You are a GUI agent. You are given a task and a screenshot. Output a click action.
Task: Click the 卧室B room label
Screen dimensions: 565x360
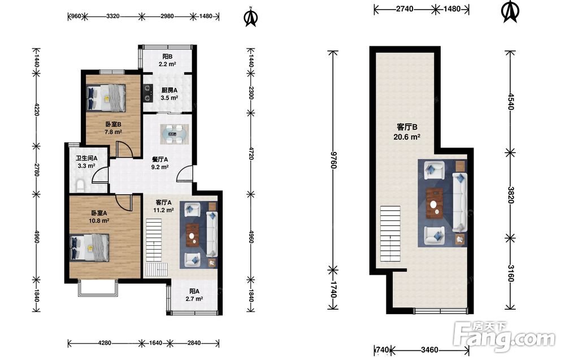tap(113, 125)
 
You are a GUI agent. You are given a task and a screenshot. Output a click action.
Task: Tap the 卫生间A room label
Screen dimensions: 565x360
tap(86, 158)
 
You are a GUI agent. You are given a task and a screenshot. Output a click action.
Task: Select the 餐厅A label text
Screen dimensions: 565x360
tap(160, 159)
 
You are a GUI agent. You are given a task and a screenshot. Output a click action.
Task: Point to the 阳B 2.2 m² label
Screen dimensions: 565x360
tap(168, 60)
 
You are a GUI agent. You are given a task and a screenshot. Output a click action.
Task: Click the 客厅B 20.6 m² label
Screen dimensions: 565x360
tap(407, 132)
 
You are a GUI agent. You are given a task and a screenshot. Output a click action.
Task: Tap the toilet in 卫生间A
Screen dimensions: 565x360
tap(80, 185)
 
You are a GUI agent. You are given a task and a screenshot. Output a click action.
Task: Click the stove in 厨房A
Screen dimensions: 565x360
tap(147, 93)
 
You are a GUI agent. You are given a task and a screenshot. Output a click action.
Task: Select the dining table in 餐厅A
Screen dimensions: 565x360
tap(175, 134)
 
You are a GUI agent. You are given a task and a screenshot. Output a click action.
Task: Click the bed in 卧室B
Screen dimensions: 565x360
tap(106, 97)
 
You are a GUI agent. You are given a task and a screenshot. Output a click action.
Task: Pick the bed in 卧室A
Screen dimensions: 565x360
tap(89, 247)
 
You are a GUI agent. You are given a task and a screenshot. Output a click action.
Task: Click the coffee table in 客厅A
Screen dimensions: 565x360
tap(193, 235)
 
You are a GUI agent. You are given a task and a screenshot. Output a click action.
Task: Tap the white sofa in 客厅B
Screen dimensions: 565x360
tap(459, 202)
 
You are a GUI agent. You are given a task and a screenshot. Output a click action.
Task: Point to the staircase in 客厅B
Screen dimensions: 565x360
tap(390, 234)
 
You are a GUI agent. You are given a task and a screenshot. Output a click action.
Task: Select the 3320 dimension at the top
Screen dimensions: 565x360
tap(113, 16)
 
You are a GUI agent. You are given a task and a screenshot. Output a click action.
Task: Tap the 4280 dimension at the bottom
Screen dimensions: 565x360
tap(105, 342)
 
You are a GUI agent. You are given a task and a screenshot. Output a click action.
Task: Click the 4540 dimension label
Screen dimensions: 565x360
tap(511, 102)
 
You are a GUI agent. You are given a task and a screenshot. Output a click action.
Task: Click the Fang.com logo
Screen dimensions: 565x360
tap(505, 337)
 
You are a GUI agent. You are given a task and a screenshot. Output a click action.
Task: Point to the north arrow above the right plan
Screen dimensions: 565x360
tap(510, 12)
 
